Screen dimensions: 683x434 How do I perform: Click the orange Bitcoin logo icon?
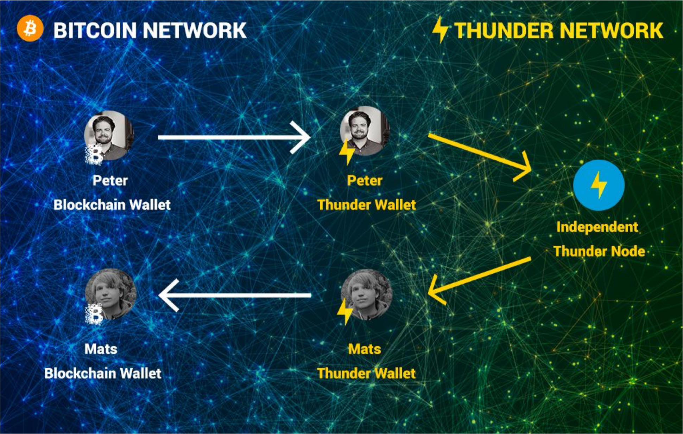30,29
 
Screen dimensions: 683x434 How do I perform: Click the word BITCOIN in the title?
95,30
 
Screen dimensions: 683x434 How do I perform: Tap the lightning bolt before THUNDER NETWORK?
440,30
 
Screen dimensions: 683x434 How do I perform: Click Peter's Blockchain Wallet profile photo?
109,136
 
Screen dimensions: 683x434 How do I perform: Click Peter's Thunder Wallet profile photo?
365,131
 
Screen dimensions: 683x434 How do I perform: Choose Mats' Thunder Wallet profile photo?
366,294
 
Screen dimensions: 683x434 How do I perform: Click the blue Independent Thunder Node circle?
599,185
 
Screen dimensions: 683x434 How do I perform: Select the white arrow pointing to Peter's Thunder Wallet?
234,137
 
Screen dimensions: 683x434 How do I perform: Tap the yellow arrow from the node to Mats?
479,281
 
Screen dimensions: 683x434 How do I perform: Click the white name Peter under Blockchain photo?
110,181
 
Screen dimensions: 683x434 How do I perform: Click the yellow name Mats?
365,349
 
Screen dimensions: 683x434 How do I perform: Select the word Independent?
597,227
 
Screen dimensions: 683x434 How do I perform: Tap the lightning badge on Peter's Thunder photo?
347,151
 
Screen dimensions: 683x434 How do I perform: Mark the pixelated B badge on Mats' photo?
94,314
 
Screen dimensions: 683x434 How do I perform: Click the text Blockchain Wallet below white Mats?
103,373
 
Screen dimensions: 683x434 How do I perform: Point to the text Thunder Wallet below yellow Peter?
367,205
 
